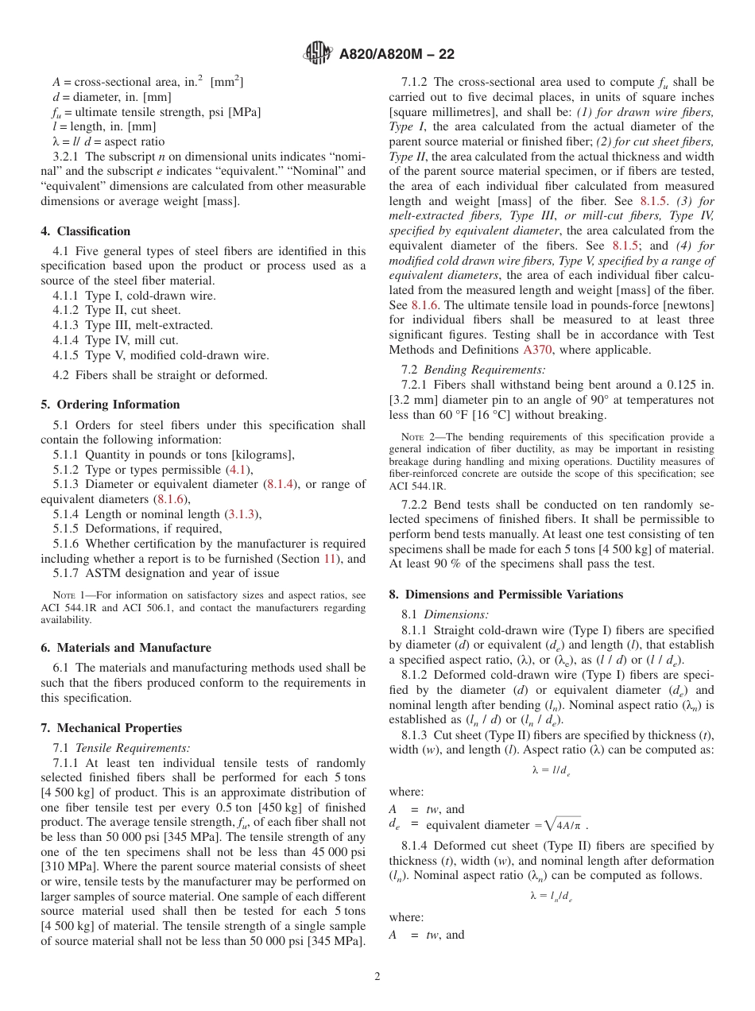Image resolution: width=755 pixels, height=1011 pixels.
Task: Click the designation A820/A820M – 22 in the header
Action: [397, 55]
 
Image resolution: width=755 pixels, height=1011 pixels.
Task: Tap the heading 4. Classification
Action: [86, 231]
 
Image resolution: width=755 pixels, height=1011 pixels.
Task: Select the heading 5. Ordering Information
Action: [110, 405]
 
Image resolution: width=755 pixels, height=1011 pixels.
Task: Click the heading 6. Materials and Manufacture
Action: [126, 648]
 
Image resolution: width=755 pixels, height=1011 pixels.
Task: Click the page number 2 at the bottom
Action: [377, 976]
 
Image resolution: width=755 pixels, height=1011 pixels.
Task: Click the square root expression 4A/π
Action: [567, 825]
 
